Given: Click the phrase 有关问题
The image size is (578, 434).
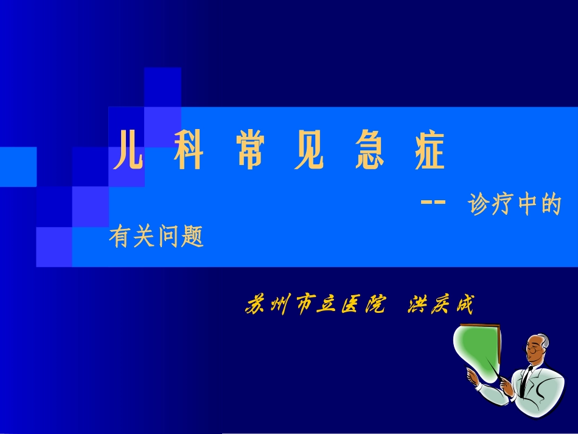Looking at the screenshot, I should (156, 236).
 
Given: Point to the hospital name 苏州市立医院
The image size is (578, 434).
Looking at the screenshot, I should (315, 304).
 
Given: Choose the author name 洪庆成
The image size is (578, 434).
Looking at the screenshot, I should (439, 304).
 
